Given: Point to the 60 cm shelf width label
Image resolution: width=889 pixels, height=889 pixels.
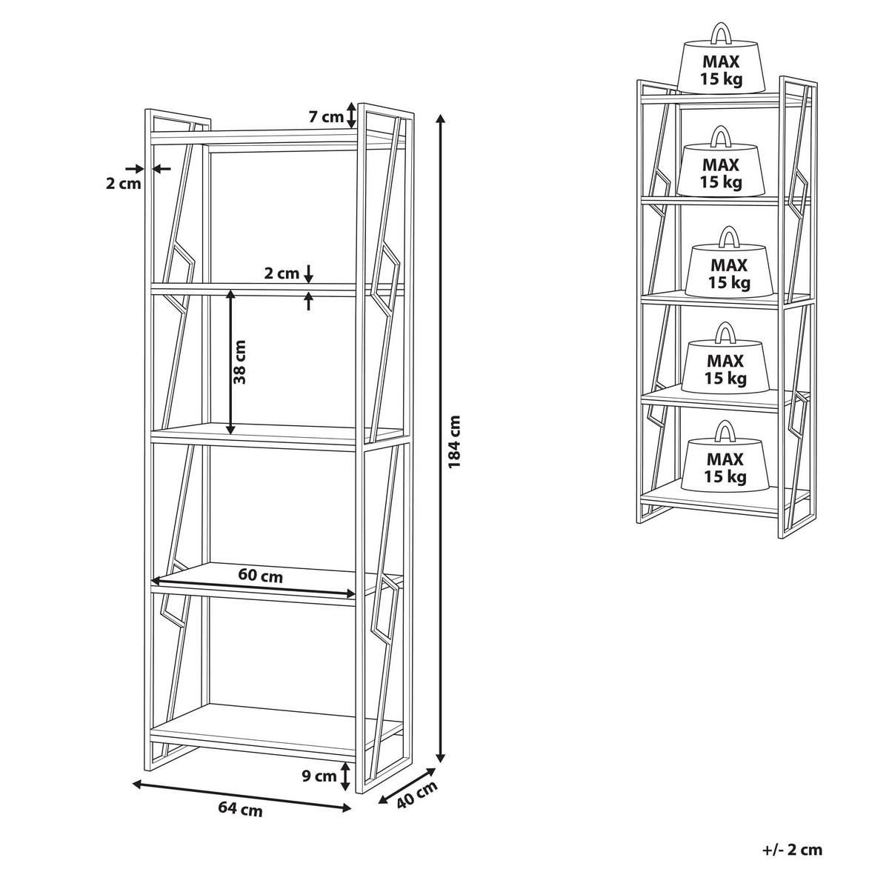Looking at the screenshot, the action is (x=260, y=576).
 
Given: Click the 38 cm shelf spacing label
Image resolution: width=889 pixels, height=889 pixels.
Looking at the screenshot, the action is (x=240, y=362).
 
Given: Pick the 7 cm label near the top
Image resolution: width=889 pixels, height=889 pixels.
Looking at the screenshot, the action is (x=326, y=117).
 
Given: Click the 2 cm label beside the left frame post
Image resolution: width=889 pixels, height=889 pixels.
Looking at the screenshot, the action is (x=123, y=184).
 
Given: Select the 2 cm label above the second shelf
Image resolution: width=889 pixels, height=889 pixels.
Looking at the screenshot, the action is (x=282, y=273).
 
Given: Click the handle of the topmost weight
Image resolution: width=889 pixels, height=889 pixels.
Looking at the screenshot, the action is (x=722, y=33).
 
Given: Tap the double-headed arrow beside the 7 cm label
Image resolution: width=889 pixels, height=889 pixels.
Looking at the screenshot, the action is (x=352, y=115).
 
